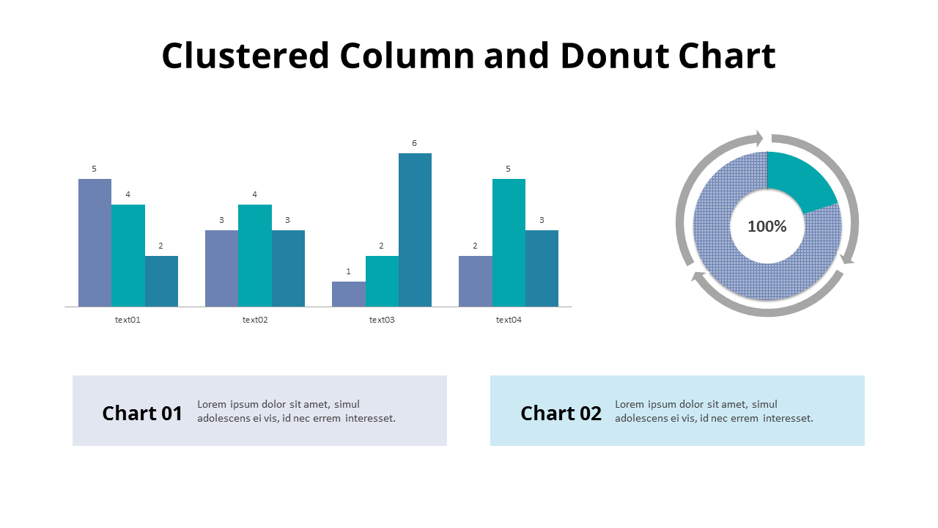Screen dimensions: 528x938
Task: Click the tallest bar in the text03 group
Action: point(415,230)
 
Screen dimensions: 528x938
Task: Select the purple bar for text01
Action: point(95,243)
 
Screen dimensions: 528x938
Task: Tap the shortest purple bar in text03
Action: point(348,294)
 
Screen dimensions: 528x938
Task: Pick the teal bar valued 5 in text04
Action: point(509,243)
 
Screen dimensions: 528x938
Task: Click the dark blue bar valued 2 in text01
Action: point(161,281)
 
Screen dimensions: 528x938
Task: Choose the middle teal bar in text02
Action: point(255,255)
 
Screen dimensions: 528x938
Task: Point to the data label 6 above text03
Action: point(415,143)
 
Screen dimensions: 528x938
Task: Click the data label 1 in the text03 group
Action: point(348,271)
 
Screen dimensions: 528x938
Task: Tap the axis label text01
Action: point(128,320)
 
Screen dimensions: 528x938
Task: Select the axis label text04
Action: point(509,320)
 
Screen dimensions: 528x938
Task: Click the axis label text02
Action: point(255,320)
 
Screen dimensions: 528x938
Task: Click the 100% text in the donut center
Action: point(767,227)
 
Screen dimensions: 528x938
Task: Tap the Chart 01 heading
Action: point(142,413)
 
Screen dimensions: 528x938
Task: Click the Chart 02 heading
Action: point(561,413)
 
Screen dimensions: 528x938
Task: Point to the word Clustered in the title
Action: point(245,56)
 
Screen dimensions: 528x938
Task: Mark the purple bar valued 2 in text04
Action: point(475,281)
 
